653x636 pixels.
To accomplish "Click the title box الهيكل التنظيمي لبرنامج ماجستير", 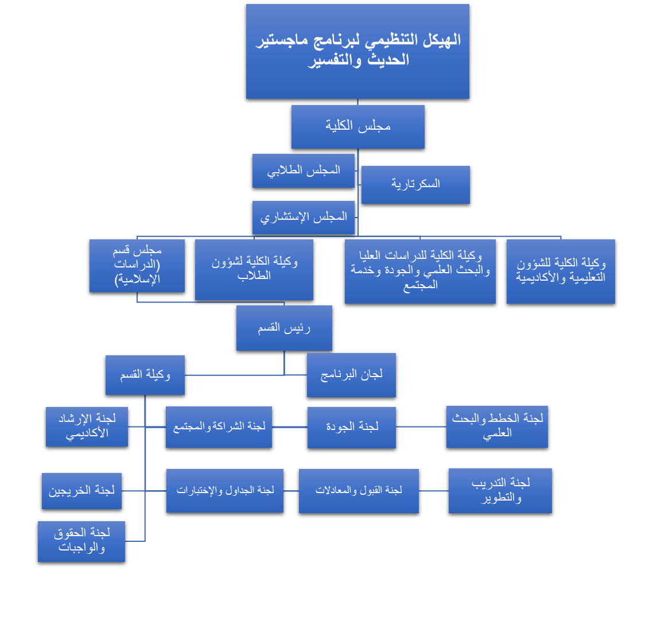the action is point(357,52).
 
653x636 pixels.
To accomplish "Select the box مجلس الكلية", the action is point(357,127).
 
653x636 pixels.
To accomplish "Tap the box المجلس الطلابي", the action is point(303,170).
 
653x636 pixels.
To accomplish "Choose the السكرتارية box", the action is point(415,184).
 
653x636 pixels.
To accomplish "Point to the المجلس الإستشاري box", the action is point(303,218).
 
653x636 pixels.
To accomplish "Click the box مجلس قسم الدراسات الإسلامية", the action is point(137,266).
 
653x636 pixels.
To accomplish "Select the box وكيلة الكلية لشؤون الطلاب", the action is point(254,269).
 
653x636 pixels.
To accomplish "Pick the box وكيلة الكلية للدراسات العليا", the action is point(420,271).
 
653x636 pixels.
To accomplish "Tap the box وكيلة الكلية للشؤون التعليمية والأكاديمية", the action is point(561,271).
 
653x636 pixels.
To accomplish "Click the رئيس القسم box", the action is point(284,328).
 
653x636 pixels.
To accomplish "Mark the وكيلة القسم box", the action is point(145,375).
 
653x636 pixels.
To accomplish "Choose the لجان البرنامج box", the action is point(351,375).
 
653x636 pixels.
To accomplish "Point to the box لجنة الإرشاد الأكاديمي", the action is point(87,426).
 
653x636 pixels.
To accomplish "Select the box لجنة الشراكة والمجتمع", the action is point(219,427).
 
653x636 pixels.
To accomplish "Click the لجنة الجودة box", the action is point(352,427).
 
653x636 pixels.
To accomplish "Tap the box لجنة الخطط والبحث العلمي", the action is point(497,426).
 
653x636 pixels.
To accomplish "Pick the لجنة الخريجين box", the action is point(81,491).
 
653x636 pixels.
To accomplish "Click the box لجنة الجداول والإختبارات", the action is point(225,491).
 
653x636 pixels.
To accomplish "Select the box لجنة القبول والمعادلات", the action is point(359,491).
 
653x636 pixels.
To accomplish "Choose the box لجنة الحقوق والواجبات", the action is point(81,541).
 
